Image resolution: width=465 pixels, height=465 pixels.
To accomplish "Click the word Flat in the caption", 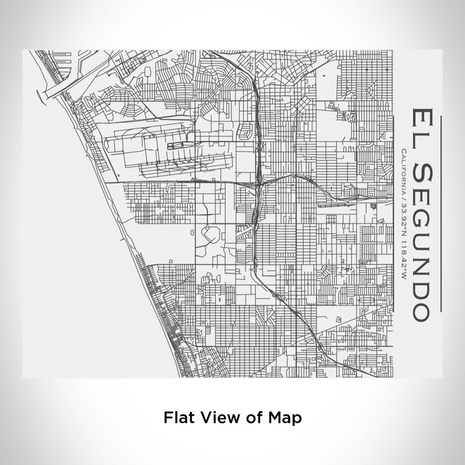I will (x=178, y=418).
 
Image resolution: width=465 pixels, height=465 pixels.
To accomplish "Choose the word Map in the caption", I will (x=285, y=418).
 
